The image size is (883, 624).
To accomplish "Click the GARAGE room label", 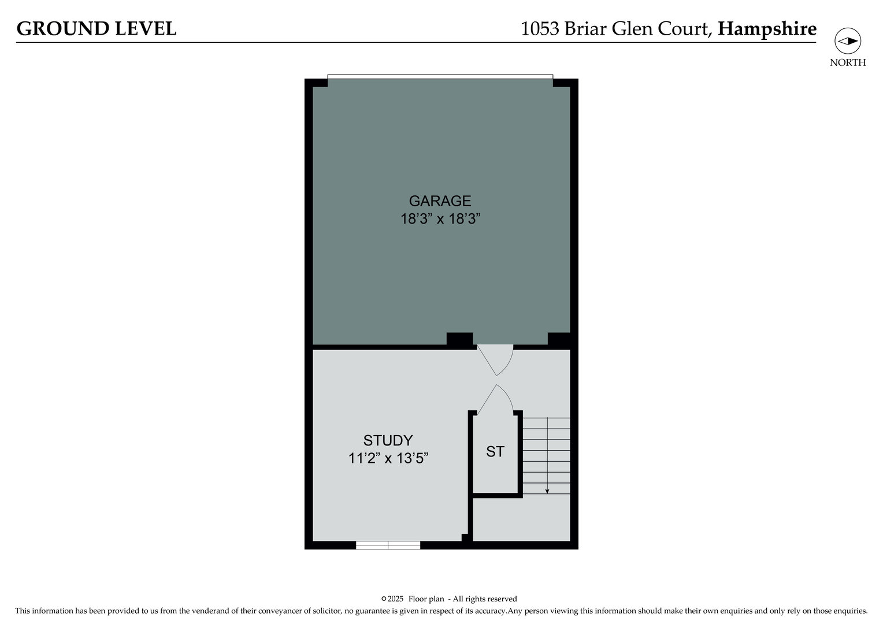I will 440,201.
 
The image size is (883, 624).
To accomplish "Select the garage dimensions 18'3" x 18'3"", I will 440,219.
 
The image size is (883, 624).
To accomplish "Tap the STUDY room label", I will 388,441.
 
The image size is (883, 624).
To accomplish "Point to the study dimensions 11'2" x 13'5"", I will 388,459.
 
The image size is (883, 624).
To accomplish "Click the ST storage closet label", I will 495,452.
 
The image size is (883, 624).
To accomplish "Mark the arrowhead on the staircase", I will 547,491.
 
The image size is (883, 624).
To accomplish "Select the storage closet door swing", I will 496,399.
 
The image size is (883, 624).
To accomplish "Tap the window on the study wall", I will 388,545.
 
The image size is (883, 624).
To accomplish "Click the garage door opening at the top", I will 440,77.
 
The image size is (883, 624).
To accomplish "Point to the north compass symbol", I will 848,42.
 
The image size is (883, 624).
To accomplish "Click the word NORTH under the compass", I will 848,63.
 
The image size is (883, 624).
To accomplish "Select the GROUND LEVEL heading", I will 97,29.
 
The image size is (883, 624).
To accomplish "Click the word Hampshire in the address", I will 767,29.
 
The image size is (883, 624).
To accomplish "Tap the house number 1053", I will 540,29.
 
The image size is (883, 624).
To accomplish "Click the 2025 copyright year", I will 396,599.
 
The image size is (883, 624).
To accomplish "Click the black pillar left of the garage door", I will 459,340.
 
